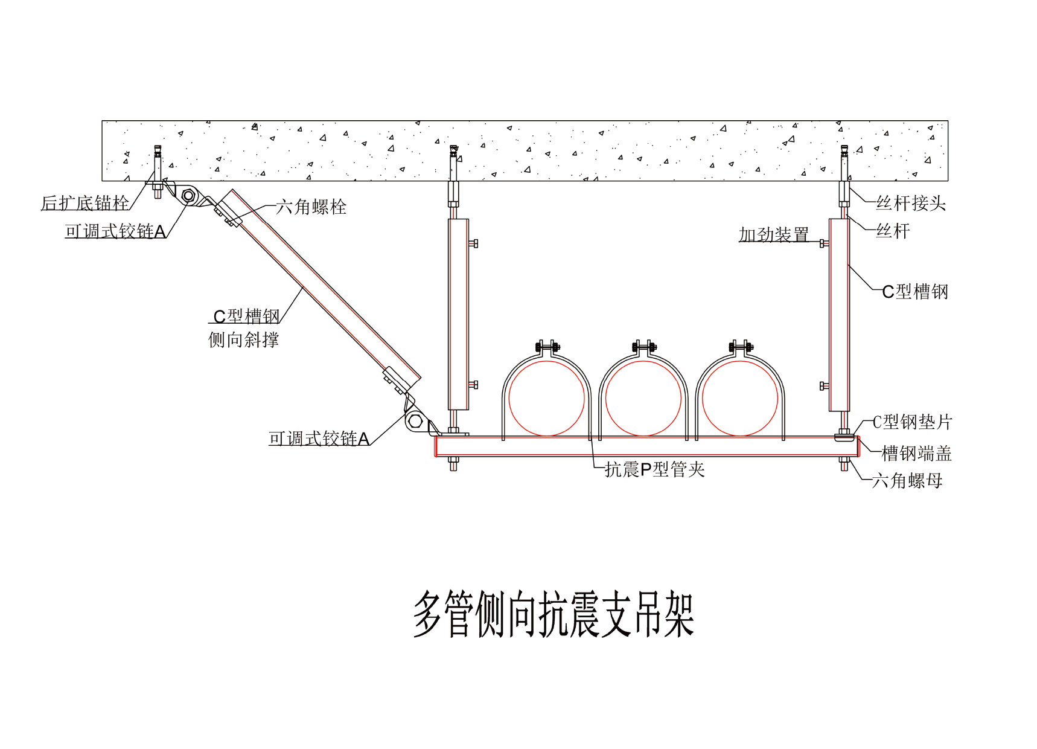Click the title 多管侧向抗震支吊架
(554, 614)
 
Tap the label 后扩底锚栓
(85, 203)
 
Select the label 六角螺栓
(311, 207)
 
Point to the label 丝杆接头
(911, 203)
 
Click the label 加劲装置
(774, 234)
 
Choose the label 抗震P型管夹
(655, 469)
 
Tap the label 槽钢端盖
(916, 453)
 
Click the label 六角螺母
(907, 481)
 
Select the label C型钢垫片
(912, 422)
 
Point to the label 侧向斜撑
(243, 339)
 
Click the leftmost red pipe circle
(547, 398)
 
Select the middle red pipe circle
(643, 398)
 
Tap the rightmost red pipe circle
(740, 398)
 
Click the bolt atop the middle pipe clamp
(643, 347)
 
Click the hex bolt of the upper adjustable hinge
(188, 196)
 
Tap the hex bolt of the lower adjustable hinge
(415, 420)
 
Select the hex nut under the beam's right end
(844, 465)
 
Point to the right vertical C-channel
(839, 314)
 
